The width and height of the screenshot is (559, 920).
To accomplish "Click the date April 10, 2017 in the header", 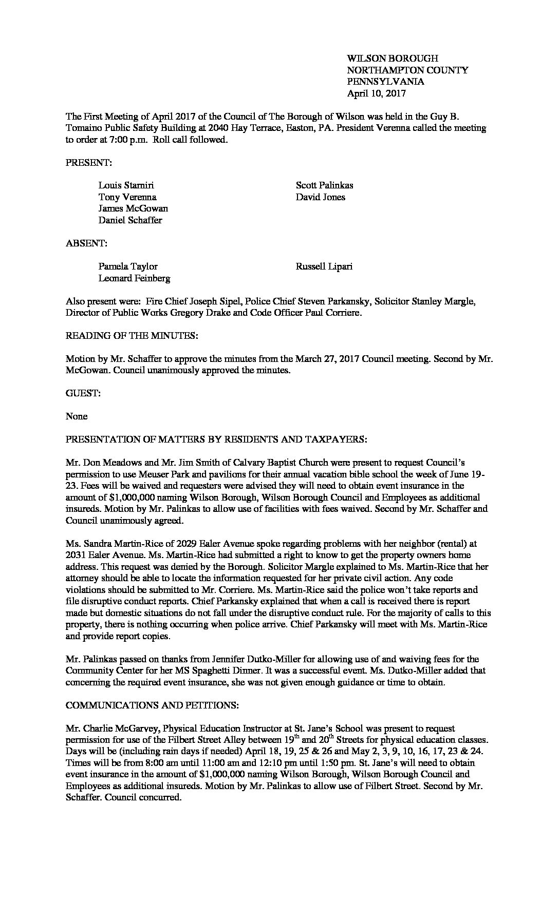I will coord(376,93).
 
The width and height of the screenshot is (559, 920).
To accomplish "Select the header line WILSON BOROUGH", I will coord(393,59).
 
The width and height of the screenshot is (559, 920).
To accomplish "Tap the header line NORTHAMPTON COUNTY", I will coord(407,70).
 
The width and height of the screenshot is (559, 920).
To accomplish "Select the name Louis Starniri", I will coord(126,185).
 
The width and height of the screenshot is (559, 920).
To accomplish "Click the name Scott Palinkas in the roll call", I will coord(324,185).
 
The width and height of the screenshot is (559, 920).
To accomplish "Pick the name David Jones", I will coord(320,197).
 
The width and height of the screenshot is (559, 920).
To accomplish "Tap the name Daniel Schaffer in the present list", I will coord(130,220).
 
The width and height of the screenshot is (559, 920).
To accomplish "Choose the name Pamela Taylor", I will coord(128,266).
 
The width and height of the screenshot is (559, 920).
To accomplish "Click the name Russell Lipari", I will coord(324,266).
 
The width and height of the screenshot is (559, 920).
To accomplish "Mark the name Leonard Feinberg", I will coord(134,278).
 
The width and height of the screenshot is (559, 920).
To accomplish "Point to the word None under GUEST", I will coord(77,416).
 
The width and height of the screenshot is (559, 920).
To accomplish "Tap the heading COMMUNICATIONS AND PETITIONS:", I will coord(152,705).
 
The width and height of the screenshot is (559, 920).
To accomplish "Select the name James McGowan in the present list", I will coord(133,208).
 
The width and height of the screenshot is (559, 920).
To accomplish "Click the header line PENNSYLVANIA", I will coord(385,82).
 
